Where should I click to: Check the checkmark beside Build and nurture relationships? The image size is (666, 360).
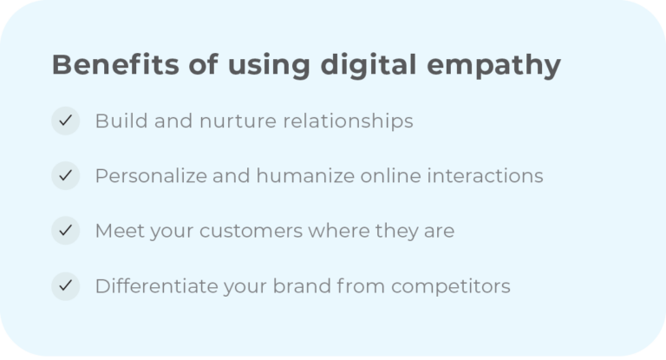(x=65, y=121)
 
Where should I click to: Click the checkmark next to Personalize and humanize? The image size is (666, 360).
(x=65, y=176)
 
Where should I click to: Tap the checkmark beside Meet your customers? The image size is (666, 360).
(x=65, y=231)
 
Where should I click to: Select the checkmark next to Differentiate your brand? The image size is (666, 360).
(x=65, y=285)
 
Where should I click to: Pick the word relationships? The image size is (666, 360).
(x=343, y=121)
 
